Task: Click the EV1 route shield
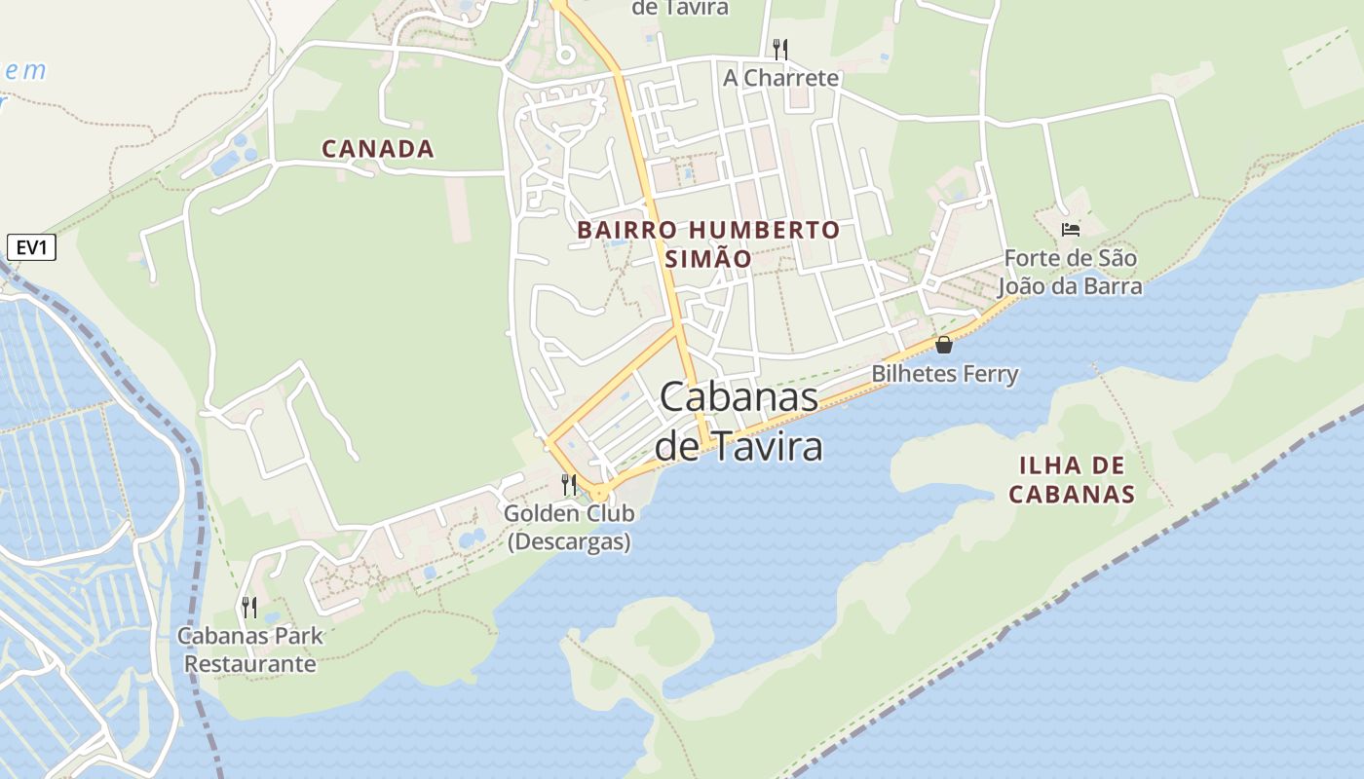coord(31,248)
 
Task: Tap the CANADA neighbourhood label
coord(377,149)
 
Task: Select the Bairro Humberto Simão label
coord(708,244)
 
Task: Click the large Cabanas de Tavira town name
coord(739,422)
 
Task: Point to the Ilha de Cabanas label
coord(1072,479)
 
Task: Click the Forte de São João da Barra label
coord(1070,273)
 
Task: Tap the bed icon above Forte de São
coord(1071,230)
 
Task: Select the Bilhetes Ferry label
coord(944,374)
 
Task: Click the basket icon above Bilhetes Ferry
coord(943,344)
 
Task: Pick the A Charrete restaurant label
coord(780,78)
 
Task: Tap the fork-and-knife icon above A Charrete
coord(779,49)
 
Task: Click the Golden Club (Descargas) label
coord(569,527)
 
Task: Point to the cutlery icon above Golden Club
coord(569,484)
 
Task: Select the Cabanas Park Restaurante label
coord(249,650)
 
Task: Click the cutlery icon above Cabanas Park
coord(249,608)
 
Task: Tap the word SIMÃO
coord(708,259)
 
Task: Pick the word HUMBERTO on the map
coord(763,231)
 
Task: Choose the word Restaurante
coord(249,664)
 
